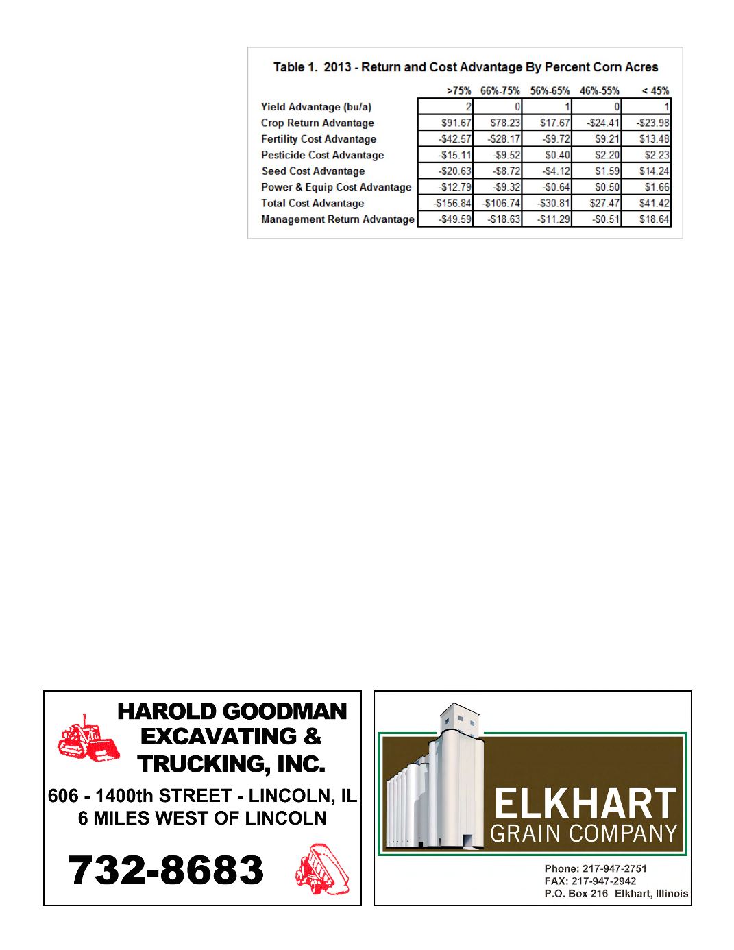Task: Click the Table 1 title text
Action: point(465,67)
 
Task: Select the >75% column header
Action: point(458,90)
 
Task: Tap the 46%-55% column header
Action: point(599,90)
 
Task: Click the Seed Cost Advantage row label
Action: point(313,171)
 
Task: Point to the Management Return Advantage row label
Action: point(337,219)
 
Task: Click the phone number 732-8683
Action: point(166,870)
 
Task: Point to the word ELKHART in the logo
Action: point(584,803)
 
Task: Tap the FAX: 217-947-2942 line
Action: point(590,881)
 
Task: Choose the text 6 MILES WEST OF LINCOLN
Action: point(202,818)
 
